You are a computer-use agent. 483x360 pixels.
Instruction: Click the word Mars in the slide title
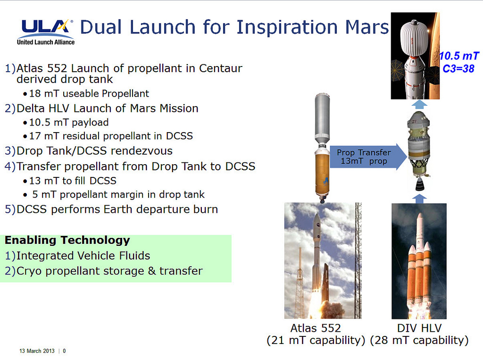point(367,27)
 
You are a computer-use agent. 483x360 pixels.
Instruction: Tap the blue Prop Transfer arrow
point(368,157)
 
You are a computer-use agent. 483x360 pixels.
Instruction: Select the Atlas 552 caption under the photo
point(316,328)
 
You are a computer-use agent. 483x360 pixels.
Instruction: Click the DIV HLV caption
point(419,328)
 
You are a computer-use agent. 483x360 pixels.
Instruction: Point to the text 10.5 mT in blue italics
point(458,56)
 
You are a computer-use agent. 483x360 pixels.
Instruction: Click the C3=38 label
point(458,68)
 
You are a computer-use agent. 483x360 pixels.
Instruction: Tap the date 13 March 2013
point(37,351)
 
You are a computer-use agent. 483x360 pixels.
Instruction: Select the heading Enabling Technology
point(67,240)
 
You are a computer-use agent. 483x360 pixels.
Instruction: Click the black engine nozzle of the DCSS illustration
point(419,185)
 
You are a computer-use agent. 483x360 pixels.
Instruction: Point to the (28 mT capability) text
point(419,340)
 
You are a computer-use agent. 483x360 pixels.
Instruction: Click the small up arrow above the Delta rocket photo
point(419,199)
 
